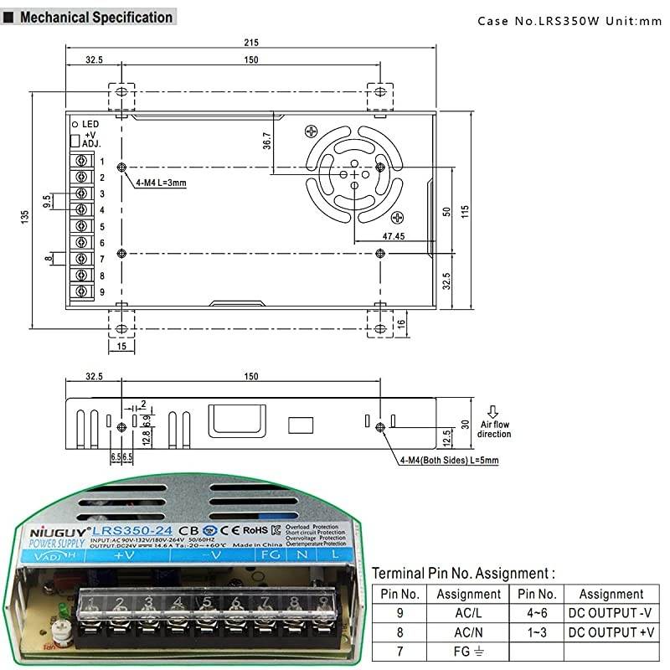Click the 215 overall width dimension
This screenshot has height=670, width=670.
[252, 43]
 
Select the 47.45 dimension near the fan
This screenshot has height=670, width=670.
[393, 236]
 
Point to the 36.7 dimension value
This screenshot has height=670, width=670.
[267, 142]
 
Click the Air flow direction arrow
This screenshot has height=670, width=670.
[492, 411]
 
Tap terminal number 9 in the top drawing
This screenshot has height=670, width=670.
[101, 291]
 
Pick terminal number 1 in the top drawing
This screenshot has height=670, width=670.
[101, 161]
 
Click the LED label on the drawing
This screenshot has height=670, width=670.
[90, 123]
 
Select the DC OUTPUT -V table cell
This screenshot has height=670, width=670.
[611, 613]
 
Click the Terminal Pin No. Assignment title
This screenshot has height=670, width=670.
[463, 574]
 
